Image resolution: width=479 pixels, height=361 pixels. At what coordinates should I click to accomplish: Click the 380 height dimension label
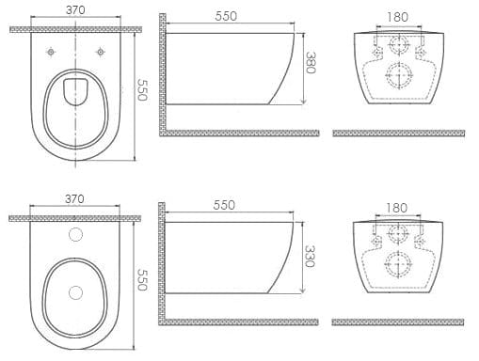(x=310, y=62)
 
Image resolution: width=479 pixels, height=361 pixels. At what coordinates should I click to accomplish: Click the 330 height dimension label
(x=310, y=256)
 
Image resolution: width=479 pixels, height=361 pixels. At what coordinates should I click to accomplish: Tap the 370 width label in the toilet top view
(x=75, y=10)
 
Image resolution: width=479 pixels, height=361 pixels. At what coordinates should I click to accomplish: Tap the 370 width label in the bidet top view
(x=74, y=198)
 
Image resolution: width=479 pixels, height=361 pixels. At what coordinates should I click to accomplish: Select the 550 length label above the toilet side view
(x=226, y=16)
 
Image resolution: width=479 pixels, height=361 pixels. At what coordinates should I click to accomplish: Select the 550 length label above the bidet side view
(x=224, y=205)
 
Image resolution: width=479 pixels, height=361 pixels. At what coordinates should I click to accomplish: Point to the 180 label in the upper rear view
(x=397, y=17)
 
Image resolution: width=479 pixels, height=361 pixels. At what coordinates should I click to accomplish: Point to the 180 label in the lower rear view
(x=396, y=208)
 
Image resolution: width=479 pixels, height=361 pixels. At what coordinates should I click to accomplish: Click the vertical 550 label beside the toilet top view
(x=142, y=89)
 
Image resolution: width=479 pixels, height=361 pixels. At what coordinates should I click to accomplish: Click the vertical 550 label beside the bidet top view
(x=142, y=280)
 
